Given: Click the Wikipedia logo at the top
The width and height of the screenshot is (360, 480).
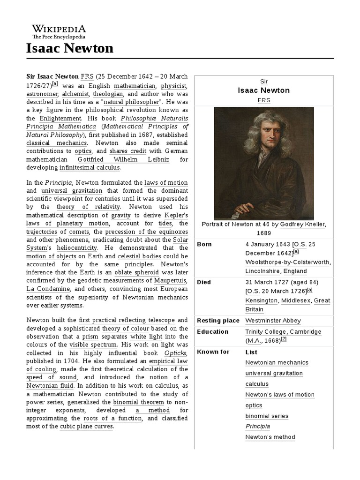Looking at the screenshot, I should pyautogui.click(x=59, y=31).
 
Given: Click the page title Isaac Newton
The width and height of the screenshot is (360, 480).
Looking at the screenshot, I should pyautogui.click(x=69, y=48).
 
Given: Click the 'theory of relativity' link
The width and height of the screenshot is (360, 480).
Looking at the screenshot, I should pyautogui.click(x=88, y=206).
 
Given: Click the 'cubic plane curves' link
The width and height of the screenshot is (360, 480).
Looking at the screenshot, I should pyautogui.click(x=87, y=427).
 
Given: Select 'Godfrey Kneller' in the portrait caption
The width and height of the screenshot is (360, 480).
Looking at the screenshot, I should pyautogui.click(x=302, y=224).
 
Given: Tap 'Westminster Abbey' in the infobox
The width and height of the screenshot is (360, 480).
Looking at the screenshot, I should pyautogui.click(x=273, y=321).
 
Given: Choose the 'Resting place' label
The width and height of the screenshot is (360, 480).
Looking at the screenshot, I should pyautogui.click(x=218, y=321).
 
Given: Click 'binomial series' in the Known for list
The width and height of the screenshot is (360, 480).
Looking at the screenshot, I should pyautogui.click(x=267, y=416).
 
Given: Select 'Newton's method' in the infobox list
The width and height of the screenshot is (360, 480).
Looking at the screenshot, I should pyautogui.click(x=270, y=437).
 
